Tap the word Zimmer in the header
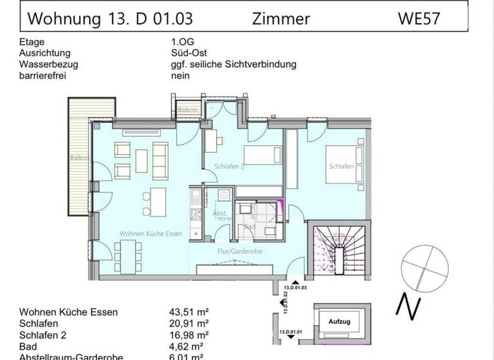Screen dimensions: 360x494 click(282, 19)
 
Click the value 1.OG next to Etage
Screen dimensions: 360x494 click(175, 42)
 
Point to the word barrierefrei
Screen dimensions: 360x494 click(44, 75)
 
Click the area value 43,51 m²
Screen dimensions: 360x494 click(190, 312)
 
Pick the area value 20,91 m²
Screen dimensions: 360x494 click(190, 324)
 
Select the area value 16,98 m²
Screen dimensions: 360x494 click(190, 336)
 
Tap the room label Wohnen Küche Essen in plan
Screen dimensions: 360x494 click(151, 233)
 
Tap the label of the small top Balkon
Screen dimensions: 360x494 click(187, 110)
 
